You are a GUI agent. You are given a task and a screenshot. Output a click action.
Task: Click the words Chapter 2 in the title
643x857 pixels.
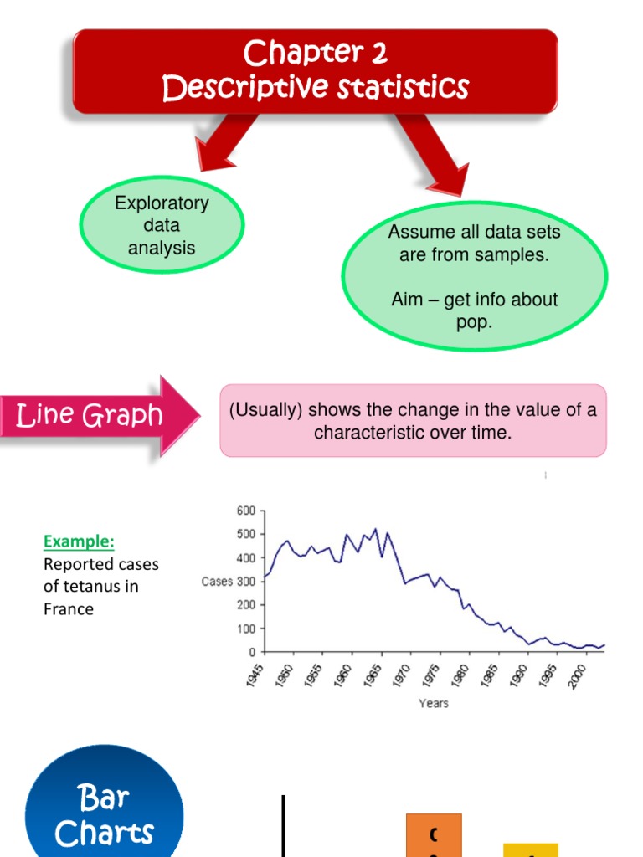(316, 54)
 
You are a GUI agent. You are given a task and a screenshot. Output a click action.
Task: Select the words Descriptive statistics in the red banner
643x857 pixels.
(316, 87)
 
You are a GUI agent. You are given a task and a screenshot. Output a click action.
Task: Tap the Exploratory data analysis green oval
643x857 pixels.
(162, 225)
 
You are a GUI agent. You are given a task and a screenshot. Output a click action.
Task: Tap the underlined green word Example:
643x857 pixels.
(78, 541)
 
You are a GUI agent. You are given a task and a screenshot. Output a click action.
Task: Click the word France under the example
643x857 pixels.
(69, 609)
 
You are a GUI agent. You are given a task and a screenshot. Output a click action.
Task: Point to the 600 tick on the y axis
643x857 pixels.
(245, 511)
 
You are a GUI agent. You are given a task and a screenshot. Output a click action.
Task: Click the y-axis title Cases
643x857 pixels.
(217, 582)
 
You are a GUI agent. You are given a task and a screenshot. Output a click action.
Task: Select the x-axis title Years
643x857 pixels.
(434, 703)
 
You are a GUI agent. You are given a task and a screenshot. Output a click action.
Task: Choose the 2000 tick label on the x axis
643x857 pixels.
(576, 675)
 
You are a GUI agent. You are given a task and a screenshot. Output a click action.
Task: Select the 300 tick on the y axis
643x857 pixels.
(245, 582)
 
